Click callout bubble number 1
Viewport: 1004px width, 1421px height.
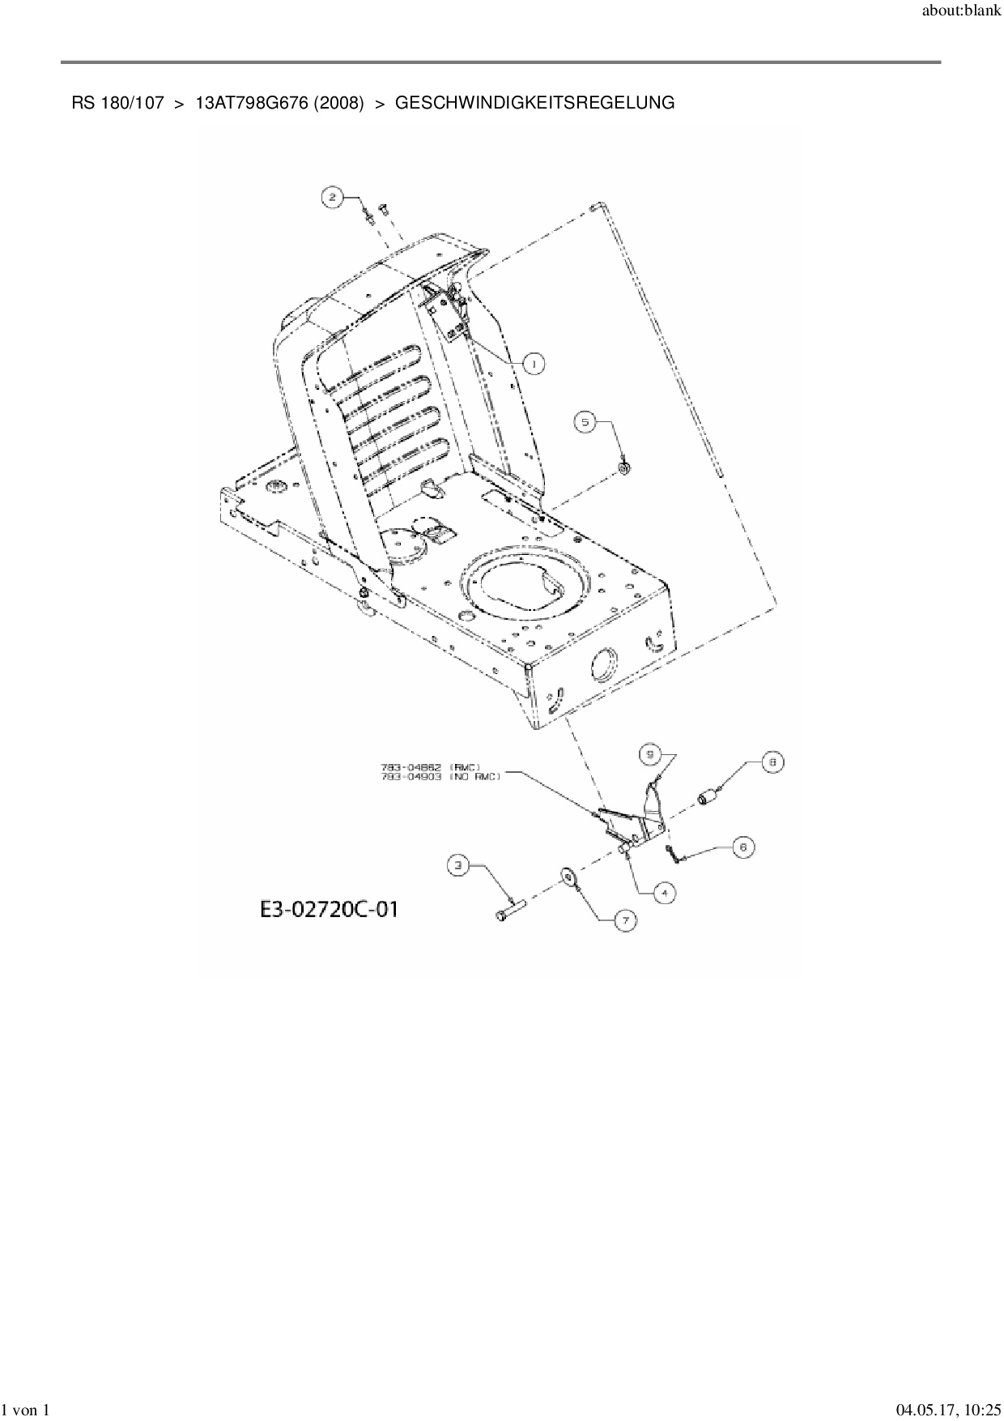(x=534, y=364)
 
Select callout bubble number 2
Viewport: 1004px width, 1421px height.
(x=331, y=195)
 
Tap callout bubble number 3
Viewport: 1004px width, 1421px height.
(x=459, y=866)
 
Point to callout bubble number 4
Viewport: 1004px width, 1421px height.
(x=664, y=893)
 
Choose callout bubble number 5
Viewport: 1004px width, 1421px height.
(x=585, y=421)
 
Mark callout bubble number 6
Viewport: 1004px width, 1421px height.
(x=743, y=847)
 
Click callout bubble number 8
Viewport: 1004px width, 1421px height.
(x=772, y=762)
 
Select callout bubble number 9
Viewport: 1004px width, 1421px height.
(x=649, y=754)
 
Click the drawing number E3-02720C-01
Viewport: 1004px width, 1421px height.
(x=329, y=909)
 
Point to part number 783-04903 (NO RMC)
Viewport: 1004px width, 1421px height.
(x=440, y=776)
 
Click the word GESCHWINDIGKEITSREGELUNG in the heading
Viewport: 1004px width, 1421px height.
(x=534, y=103)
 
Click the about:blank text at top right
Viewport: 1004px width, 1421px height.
(x=961, y=11)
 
